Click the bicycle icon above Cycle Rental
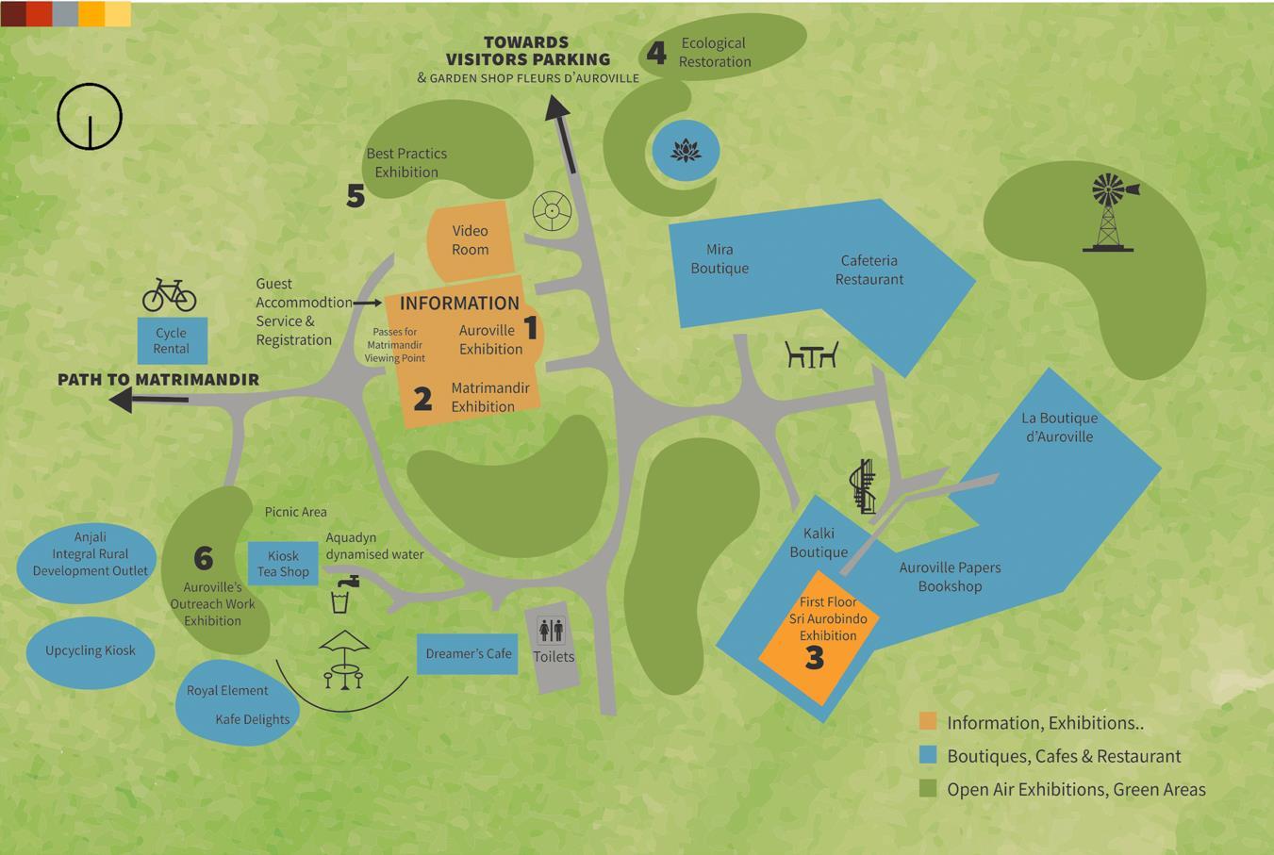pos(170,295)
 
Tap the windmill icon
pos(1111,212)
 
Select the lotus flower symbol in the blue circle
pos(686,150)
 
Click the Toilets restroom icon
pos(551,629)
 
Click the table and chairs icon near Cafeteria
pos(811,354)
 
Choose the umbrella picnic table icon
pos(343,659)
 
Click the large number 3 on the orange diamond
pos(815,658)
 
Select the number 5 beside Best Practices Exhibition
pos(356,195)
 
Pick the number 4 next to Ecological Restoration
pos(656,53)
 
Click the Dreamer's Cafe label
pos(468,653)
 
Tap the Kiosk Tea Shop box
pos(283,564)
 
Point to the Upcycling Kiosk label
pos(91,650)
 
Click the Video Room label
pos(470,240)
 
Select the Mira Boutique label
pos(720,258)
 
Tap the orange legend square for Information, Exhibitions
pos(928,722)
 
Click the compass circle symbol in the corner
pos(90,117)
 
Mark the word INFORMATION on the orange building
pos(459,303)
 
